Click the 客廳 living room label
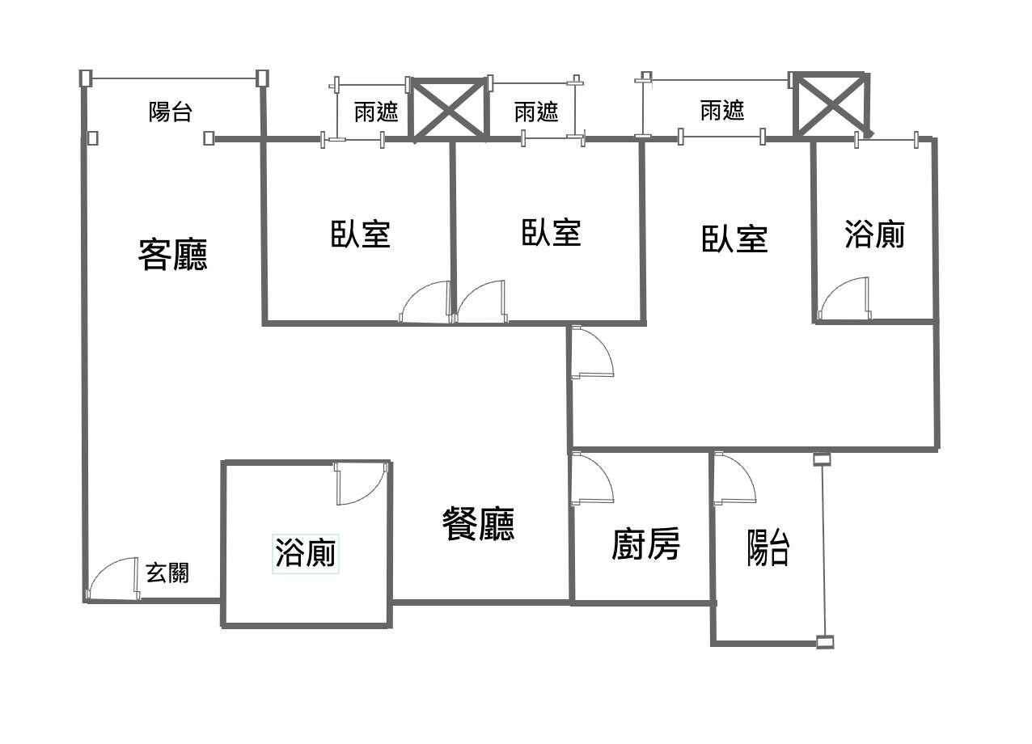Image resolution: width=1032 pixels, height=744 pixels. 173,254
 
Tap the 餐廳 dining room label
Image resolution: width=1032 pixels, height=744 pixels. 478,525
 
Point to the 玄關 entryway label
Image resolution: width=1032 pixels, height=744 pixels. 167,573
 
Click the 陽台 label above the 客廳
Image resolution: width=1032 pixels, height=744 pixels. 171,112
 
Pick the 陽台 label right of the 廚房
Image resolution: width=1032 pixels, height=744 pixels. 768,547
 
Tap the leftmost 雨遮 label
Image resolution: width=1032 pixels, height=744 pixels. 376,112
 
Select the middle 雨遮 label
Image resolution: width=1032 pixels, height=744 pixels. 536,112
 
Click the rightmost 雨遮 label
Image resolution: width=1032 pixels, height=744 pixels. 722,110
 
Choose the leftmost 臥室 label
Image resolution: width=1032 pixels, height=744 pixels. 361,233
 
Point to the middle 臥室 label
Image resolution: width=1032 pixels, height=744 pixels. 551,233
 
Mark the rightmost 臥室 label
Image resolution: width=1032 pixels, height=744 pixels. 734,239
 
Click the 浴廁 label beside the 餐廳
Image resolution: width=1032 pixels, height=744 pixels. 306,555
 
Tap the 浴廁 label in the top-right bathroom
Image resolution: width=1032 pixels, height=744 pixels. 874,235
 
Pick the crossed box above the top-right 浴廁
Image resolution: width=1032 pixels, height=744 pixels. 831,104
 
